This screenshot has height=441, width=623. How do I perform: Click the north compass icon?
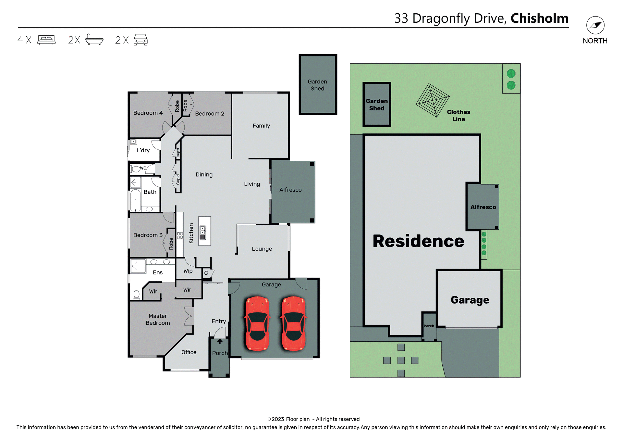click(x=595, y=25)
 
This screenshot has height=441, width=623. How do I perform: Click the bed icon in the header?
click(x=46, y=40)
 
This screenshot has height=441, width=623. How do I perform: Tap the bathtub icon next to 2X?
click(x=94, y=40)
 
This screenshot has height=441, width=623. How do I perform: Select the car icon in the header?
click(x=140, y=40)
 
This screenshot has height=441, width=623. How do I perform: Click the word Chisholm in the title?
click(x=539, y=18)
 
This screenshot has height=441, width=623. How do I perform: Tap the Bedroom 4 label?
click(x=148, y=113)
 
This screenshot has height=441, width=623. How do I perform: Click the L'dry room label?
click(x=143, y=150)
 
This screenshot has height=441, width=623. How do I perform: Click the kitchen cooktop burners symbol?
click(x=180, y=235)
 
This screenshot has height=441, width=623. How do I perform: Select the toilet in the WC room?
click(x=136, y=169)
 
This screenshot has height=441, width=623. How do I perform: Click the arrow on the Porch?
click(x=220, y=341)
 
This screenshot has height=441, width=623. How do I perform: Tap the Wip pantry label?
click(x=188, y=271)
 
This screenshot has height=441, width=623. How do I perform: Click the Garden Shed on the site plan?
click(x=377, y=105)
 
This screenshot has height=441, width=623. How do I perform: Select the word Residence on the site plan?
click(x=418, y=241)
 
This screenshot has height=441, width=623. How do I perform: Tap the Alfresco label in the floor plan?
click(x=290, y=190)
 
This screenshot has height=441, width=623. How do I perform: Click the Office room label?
click(x=189, y=352)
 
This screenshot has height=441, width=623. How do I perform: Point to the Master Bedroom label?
click(x=158, y=320)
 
